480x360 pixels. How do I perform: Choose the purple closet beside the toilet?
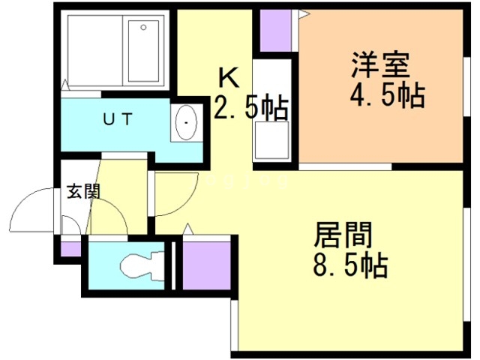coord(205,263)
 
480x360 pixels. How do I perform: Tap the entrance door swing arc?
coord(37,206)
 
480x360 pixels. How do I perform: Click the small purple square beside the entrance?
coord(70,248)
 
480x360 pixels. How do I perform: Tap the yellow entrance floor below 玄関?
coord(105,217)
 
